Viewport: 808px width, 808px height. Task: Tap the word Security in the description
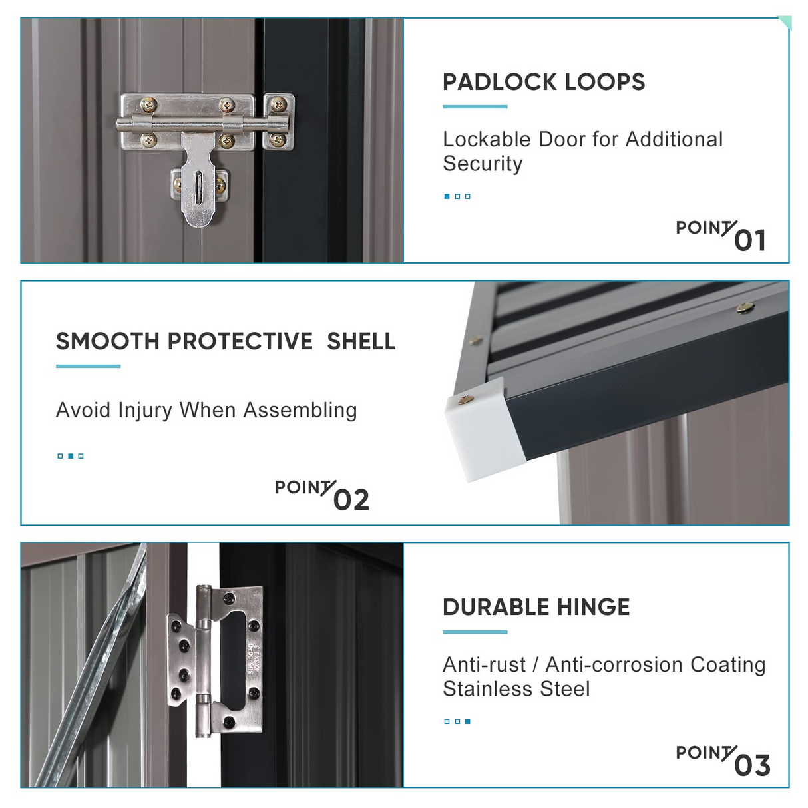pos(483,164)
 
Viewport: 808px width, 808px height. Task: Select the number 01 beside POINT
pos(750,241)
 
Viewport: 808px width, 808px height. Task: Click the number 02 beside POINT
pos(351,500)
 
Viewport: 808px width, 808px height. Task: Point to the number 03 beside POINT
pos(753,765)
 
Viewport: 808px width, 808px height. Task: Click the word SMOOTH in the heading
pos(107,341)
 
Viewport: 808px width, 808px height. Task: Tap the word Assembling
pos(300,410)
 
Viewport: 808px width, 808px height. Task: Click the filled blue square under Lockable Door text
pos(447,196)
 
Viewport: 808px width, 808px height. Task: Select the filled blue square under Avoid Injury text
pos(71,456)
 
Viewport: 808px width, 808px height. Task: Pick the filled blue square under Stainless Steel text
pos(467,721)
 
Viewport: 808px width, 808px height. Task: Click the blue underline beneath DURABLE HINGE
pos(475,632)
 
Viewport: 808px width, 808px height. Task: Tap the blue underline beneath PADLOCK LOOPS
pos(475,107)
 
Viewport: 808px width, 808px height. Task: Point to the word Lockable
pos(487,140)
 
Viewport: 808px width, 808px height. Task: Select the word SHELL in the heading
pos(361,341)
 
